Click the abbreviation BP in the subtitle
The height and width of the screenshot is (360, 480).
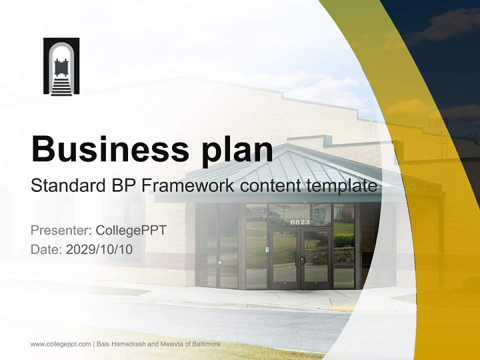point(120,186)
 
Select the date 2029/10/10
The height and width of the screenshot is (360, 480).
point(99,249)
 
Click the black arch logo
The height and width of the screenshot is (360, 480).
point(61,66)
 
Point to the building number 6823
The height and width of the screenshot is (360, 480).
point(300,221)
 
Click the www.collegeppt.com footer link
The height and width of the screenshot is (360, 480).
point(60,344)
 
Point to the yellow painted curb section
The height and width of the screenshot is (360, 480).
point(342,308)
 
